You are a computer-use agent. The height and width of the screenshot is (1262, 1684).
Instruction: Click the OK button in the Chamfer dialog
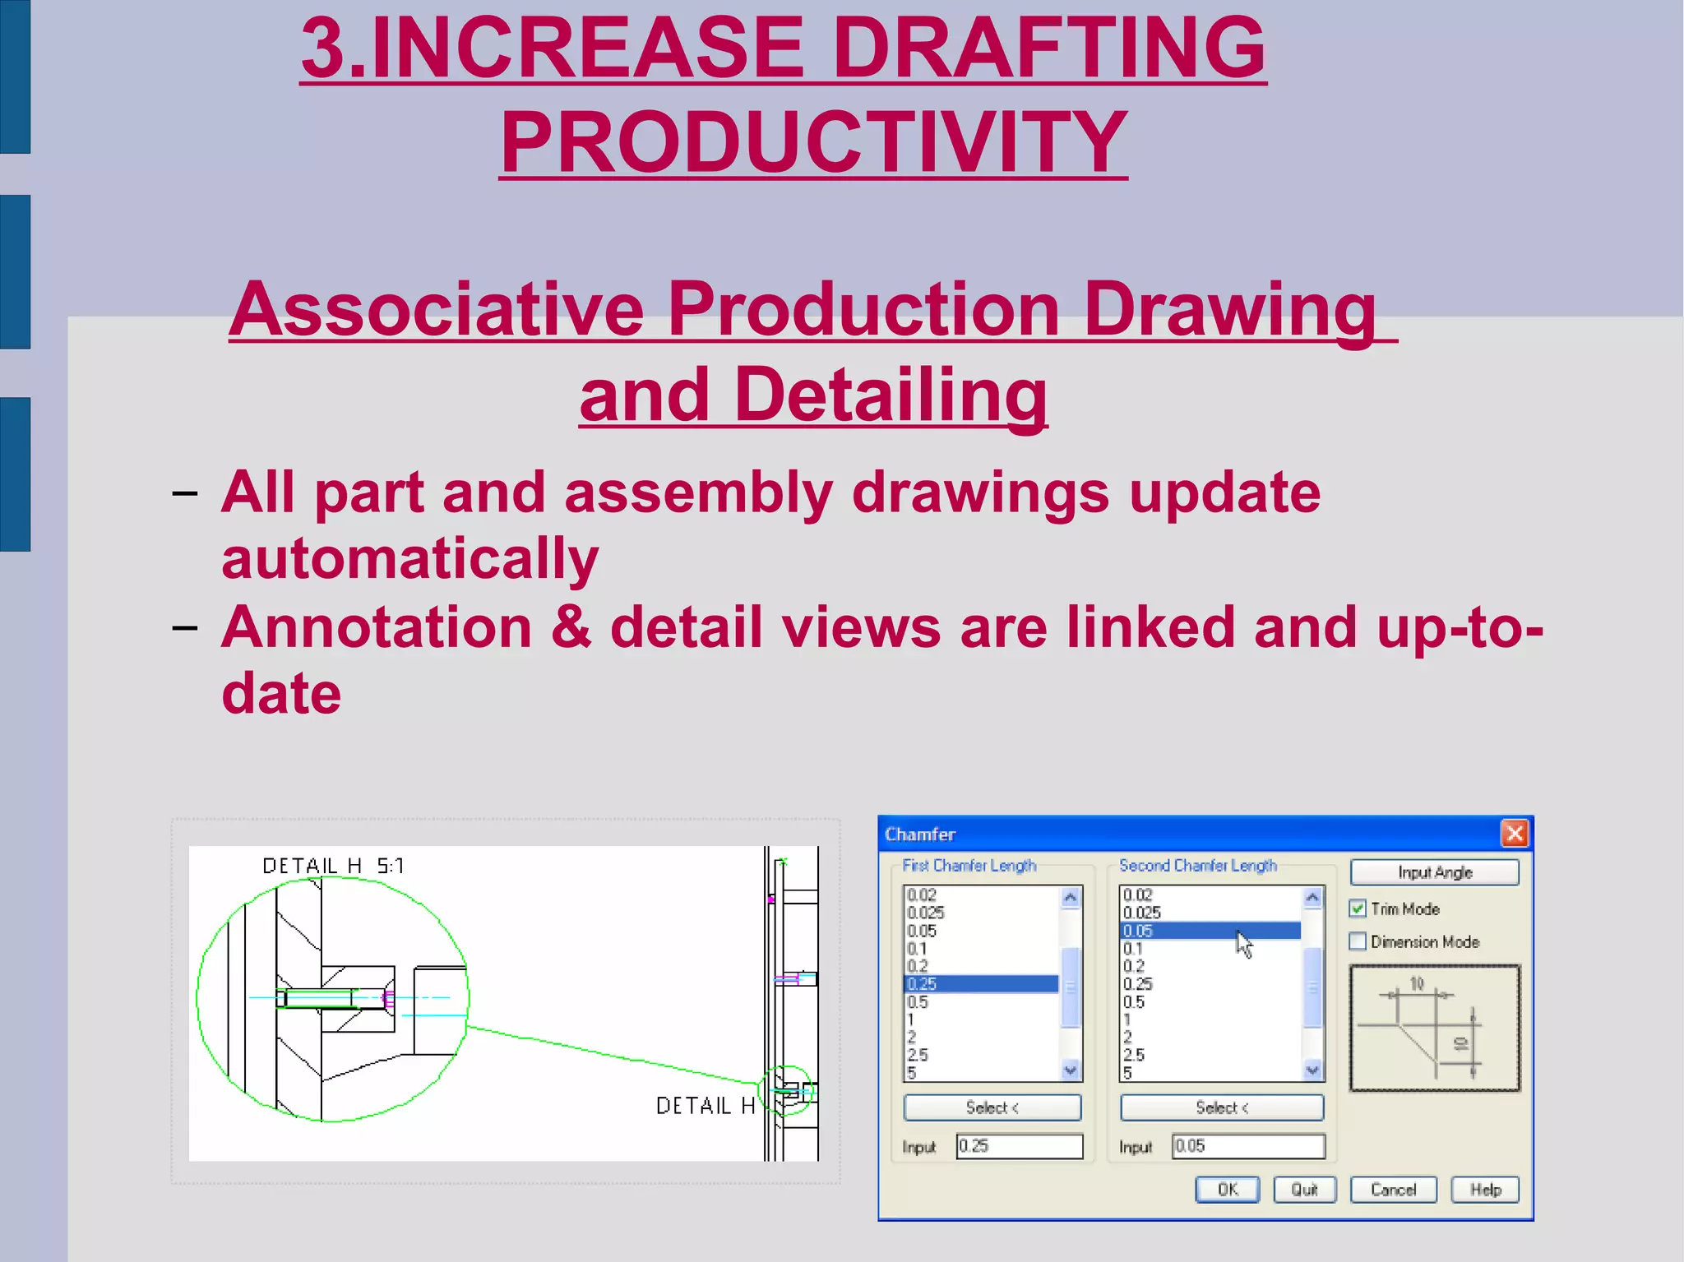(x=1227, y=1190)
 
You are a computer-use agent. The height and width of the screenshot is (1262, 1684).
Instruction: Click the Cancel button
(x=1393, y=1190)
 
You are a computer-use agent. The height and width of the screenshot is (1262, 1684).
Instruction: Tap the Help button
(x=1485, y=1190)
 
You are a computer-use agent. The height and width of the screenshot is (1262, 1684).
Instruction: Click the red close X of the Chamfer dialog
(x=1515, y=834)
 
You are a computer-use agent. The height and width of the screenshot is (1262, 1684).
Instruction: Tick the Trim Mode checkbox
(x=1358, y=908)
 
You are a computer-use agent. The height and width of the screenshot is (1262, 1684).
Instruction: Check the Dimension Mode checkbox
(x=1358, y=941)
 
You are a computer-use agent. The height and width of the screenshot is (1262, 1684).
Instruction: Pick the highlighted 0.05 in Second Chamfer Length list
(x=1209, y=931)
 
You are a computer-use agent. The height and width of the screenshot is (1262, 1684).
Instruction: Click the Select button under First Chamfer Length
(x=992, y=1107)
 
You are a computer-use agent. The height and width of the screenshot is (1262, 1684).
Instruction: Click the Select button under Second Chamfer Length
(x=1222, y=1107)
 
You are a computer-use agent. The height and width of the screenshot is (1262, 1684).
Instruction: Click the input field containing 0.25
(x=1020, y=1146)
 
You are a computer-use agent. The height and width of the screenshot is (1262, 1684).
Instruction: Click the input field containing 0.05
(x=1248, y=1146)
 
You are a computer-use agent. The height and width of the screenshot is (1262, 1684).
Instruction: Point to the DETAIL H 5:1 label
(x=333, y=866)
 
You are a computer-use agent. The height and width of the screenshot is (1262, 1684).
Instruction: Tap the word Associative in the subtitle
(x=436, y=310)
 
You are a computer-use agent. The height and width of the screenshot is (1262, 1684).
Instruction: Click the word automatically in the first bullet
(x=409, y=559)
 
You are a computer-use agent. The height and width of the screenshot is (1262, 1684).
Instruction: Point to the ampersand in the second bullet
(x=571, y=627)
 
